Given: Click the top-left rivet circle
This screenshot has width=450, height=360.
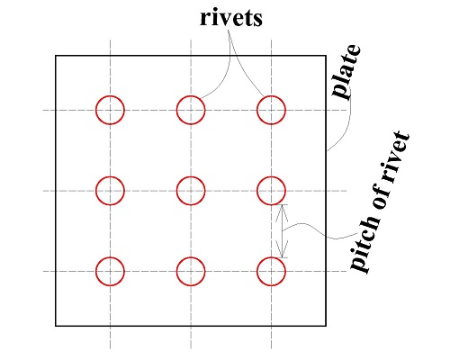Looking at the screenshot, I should pos(110,110).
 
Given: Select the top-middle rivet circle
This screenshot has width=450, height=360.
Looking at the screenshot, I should pos(190,110).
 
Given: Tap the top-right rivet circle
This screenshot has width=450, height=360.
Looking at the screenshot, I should pos(271,110).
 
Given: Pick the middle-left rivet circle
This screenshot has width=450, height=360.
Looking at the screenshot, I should pos(110,190).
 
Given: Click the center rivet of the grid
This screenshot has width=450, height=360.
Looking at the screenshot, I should pos(190,190).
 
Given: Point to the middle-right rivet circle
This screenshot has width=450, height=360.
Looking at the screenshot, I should pos(271,190).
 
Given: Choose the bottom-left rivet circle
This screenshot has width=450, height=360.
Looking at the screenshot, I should pos(110,270).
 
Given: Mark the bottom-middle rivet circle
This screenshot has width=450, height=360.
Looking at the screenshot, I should pos(190,270).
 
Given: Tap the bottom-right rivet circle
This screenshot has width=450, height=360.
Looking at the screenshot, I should pos(271,270).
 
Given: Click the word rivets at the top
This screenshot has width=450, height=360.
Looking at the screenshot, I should pos(230,18).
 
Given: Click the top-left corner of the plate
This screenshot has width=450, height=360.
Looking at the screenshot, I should pos(56,56).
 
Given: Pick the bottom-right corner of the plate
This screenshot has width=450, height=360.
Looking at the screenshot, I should pos(326,325).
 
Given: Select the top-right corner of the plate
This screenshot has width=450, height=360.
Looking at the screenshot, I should pos(326,56).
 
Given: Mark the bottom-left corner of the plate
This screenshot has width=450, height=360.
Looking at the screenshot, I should pos(56,325).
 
